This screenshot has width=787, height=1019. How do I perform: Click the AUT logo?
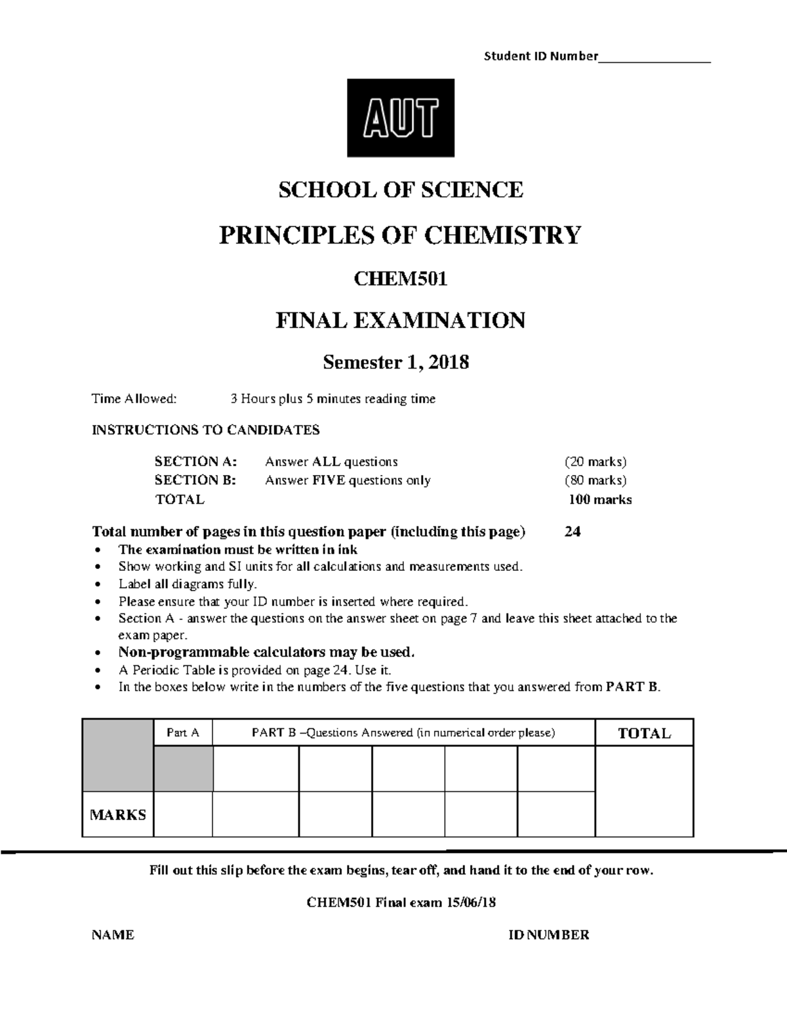400,118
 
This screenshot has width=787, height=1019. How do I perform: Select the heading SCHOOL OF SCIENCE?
401,190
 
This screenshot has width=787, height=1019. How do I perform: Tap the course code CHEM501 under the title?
401,280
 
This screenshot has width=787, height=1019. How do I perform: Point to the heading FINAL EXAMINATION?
401,320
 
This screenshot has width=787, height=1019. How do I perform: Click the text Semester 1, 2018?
396,362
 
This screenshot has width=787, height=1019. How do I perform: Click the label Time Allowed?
134,399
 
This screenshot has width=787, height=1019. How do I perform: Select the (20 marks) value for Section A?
595,461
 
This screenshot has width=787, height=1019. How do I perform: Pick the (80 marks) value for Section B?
595,480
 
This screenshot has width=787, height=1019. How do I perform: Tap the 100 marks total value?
600,499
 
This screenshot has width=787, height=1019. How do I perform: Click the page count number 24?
573,531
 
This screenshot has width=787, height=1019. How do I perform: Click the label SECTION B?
195,480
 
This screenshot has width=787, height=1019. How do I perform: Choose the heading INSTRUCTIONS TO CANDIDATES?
206,430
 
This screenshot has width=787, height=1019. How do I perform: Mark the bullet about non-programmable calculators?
266,652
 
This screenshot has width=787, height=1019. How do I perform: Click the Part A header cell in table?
183,733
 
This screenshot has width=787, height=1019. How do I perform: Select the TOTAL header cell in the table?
644,734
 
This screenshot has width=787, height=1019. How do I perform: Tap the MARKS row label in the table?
118,815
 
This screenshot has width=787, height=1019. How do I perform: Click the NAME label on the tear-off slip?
113,935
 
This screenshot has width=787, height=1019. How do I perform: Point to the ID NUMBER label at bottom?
549,935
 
